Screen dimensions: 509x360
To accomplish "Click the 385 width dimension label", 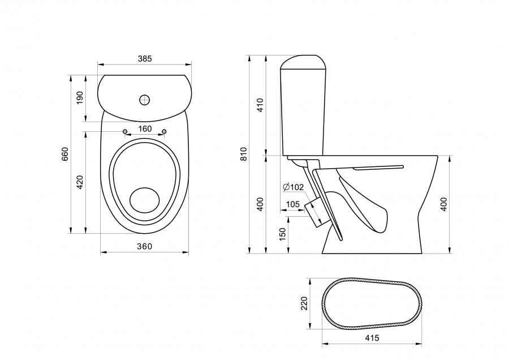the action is (145, 59).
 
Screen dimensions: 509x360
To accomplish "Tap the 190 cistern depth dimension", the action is (80, 98).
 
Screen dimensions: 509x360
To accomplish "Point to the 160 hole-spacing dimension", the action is (145, 129).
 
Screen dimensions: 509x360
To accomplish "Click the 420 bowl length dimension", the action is (80, 182).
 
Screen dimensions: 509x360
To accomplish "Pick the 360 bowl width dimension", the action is (144, 247).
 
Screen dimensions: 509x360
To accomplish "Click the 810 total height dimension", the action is (244, 154).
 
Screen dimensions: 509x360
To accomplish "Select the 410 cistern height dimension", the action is (260, 105).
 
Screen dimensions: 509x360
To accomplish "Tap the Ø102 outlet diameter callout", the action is (293, 187).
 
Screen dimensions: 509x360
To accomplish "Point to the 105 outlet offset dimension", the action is (293, 204).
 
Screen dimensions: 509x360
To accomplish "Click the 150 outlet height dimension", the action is (283, 234).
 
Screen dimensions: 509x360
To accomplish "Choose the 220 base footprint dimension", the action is (304, 303).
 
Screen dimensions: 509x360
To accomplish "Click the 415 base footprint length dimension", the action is (372, 338).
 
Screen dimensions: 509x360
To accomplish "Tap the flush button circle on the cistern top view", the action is (145, 100).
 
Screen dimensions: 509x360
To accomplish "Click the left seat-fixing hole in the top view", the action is (125, 131).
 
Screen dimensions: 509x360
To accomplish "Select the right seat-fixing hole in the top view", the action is (164, 131).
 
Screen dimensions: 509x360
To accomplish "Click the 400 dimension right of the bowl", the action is (444, 204).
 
